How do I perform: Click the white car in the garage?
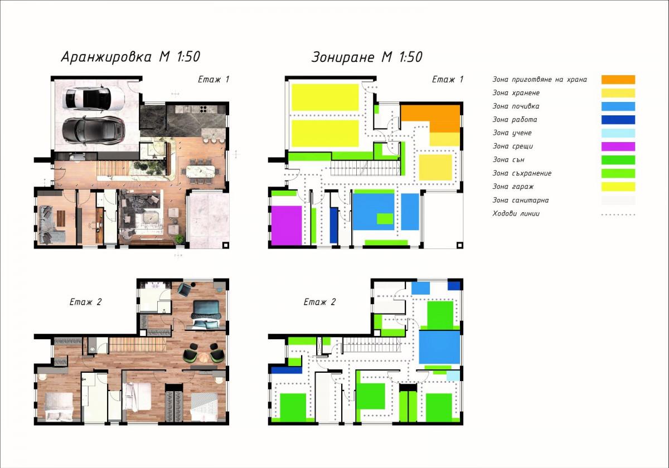94,99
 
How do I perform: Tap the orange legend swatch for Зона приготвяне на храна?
618,80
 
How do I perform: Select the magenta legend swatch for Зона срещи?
618,147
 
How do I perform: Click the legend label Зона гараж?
513,187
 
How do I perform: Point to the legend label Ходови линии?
516,214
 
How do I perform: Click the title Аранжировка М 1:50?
130,57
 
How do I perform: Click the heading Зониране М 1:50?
367,57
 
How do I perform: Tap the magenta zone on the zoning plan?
287,225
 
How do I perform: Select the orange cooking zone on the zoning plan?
430,118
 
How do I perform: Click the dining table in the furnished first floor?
200,171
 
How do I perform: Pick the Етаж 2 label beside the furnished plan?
85,302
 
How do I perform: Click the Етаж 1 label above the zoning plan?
447,79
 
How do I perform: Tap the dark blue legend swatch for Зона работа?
618,120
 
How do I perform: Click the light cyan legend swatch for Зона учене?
618,133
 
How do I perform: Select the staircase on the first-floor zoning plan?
365,168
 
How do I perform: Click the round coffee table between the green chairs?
204,357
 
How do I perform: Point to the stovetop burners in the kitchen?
203,109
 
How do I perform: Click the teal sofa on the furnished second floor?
206,310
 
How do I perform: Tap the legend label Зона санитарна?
520,200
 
